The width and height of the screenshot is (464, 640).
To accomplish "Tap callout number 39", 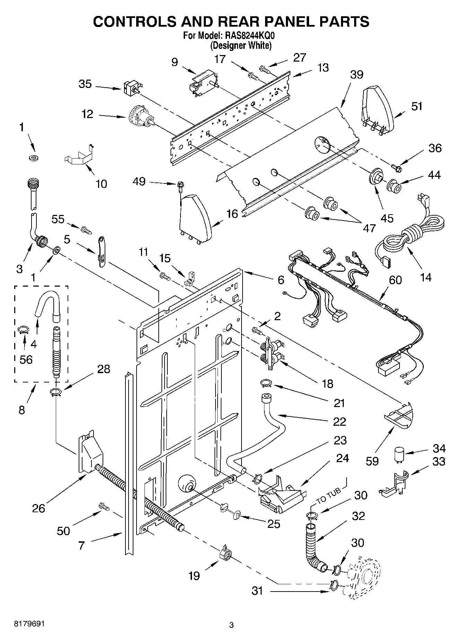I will (357, 74).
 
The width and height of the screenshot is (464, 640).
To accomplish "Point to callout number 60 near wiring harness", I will (395, 280).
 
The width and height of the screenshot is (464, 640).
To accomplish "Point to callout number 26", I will (39, 508).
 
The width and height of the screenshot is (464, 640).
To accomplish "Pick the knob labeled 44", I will (394, 186).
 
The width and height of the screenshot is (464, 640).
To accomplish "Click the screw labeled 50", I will (104, 506).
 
